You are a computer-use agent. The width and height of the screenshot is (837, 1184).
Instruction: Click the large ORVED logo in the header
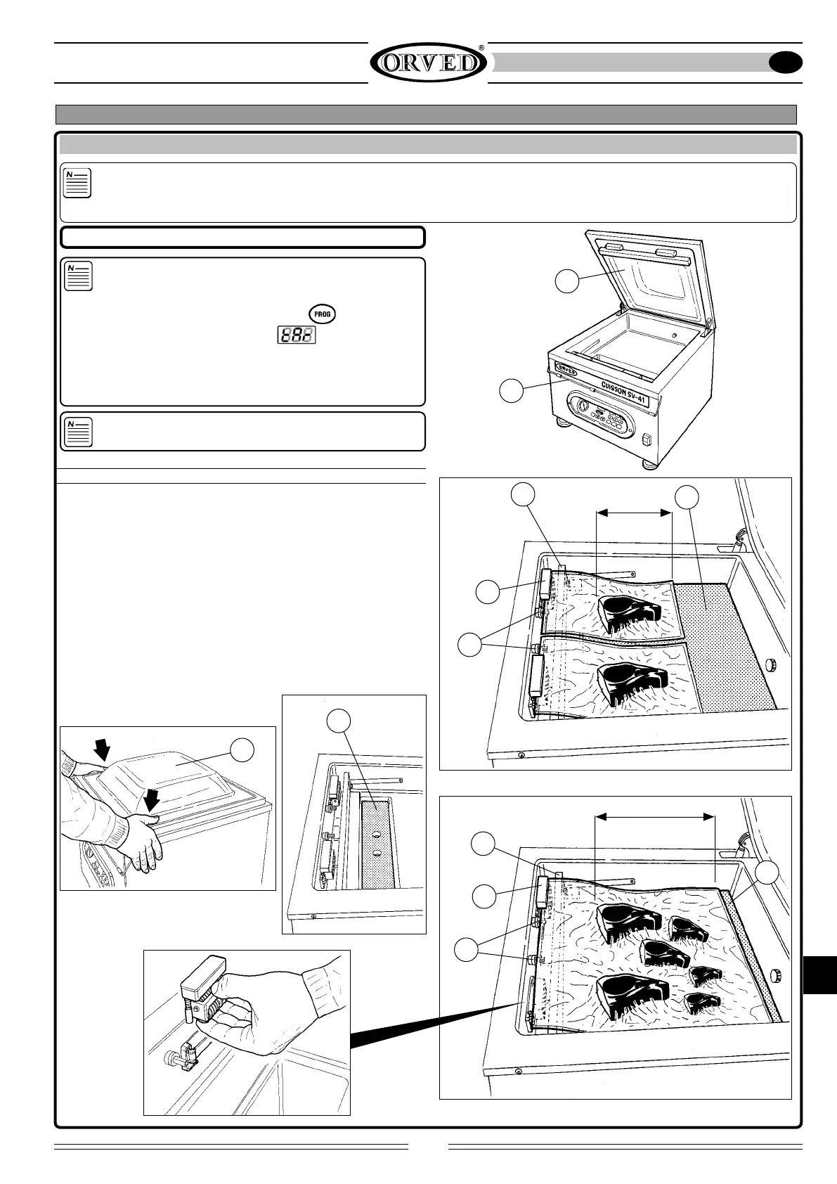pos(428,63)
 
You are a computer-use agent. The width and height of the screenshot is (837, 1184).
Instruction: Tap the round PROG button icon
pos(322,314)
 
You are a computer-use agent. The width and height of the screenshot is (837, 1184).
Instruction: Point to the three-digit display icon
pos(295,336)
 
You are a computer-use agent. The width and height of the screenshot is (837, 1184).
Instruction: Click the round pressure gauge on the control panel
pos(583,406)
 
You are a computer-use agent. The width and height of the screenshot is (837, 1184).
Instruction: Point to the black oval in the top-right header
pos(786,63)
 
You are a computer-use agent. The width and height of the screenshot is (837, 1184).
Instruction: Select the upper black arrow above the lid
pos(103,752)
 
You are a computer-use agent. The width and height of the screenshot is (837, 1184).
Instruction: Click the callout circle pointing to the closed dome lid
pos(243,750)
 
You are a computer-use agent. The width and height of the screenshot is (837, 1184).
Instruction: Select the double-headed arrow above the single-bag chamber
pos(654,816)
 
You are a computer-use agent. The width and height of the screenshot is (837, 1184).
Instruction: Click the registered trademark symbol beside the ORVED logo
pos(481,48)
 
